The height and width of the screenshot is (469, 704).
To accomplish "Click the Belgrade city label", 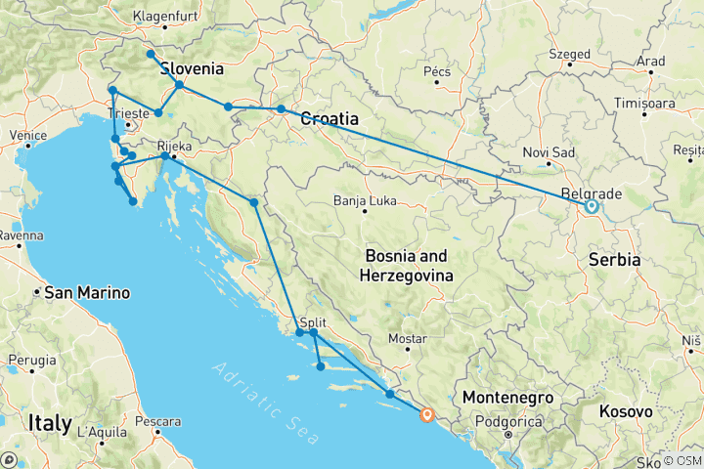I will pos(588,192).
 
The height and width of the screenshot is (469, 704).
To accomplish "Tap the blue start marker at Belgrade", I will pos(591,206).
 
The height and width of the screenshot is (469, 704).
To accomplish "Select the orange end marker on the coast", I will pos(426,415).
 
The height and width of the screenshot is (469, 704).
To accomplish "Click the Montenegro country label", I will pos(506,398).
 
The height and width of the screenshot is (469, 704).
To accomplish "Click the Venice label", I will pos(28,135).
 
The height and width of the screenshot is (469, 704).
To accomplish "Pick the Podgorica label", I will pos(512,422).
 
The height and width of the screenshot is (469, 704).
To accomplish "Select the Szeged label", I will pos(569,54).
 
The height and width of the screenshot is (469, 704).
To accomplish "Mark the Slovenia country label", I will pos(192,69).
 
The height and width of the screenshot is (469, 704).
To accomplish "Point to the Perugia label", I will pos(31,360).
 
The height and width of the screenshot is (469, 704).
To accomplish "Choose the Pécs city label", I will pos(435,71).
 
